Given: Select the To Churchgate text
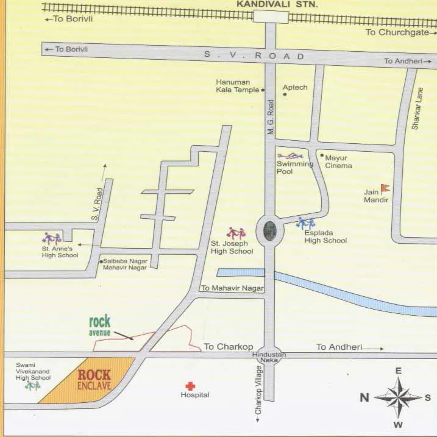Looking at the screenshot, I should coord(397,32).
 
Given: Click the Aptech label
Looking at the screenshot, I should coord(295,87).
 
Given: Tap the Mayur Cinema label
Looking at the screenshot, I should coord(338,161).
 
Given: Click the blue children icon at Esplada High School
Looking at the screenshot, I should coord(305,223).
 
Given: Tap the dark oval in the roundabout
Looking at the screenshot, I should coord(270,230).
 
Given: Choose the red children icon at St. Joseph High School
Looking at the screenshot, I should coord(236,233).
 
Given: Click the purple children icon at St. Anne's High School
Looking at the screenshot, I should coord(51,238).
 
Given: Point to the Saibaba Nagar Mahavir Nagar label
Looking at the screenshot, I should coord(125,264).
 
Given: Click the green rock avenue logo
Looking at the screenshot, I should coord(99,325).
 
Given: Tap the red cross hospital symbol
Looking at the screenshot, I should coord(190,386).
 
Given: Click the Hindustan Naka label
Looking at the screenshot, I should coord(269,358).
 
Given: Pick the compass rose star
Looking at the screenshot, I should coord(397,397).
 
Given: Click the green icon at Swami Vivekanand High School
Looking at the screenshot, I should coord(32,386).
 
